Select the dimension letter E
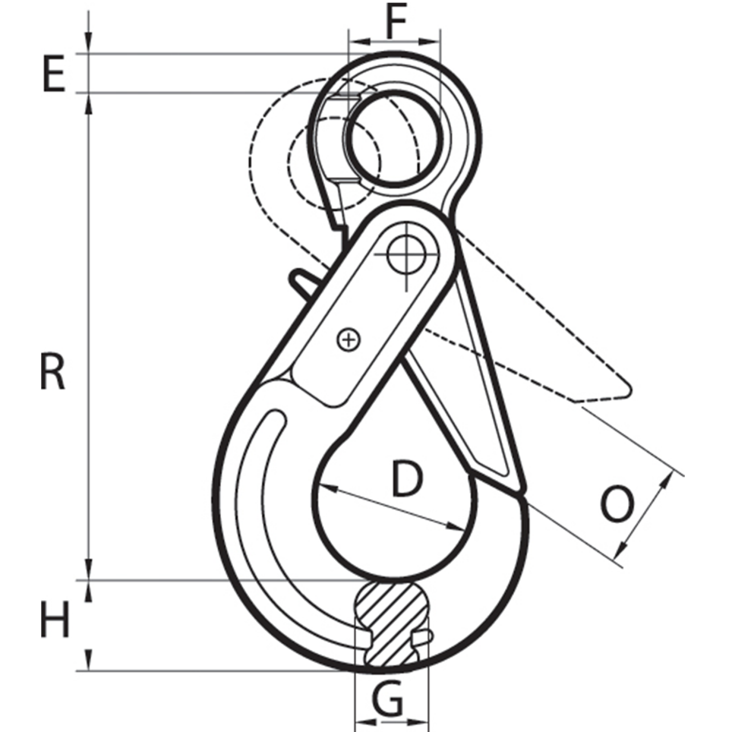[54, 74]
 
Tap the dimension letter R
[53, 373]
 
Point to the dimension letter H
[55, 619]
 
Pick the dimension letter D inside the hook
[407, 478]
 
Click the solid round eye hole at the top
[396, 138]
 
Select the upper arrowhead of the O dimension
[668, 480]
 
